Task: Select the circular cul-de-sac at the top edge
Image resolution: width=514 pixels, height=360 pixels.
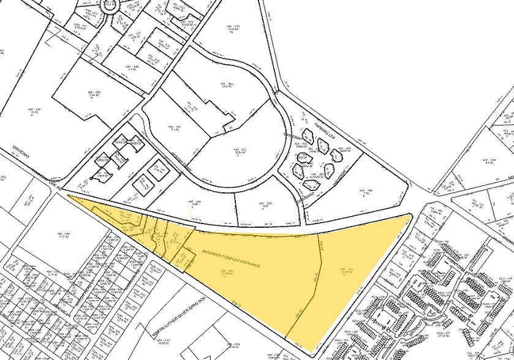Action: tap(111, 6)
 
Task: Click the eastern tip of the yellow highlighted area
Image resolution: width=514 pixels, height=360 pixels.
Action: tap(412, 215)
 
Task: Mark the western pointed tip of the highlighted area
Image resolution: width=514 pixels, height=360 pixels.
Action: tap(67, 197)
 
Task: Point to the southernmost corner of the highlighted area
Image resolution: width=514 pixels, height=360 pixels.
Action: tap(316, 353)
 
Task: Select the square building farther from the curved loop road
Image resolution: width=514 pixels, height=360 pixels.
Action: tap(142, 181)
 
